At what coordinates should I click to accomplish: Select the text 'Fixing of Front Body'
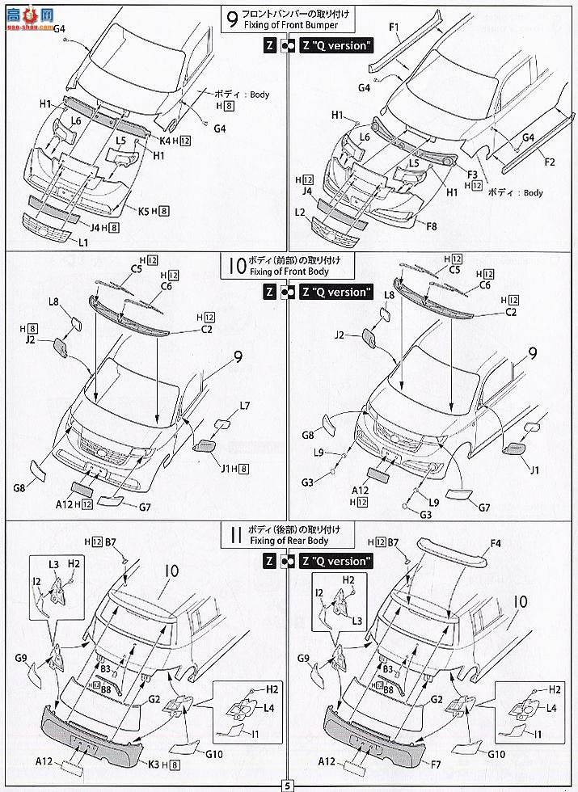(289, 272)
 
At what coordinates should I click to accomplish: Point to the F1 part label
(394, 28)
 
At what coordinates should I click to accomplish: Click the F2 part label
(550, 162)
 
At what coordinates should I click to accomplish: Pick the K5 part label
(146, 211)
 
